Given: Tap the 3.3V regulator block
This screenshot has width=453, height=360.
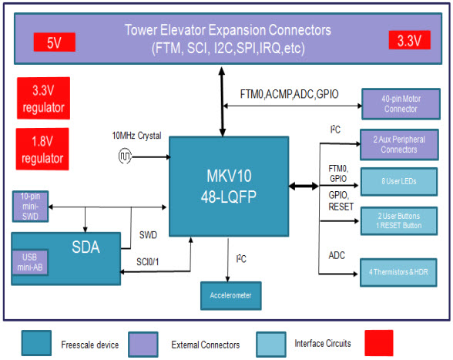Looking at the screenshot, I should click(x=42, y=99).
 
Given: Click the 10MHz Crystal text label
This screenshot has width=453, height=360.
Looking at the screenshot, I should click(x=136, y=136).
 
